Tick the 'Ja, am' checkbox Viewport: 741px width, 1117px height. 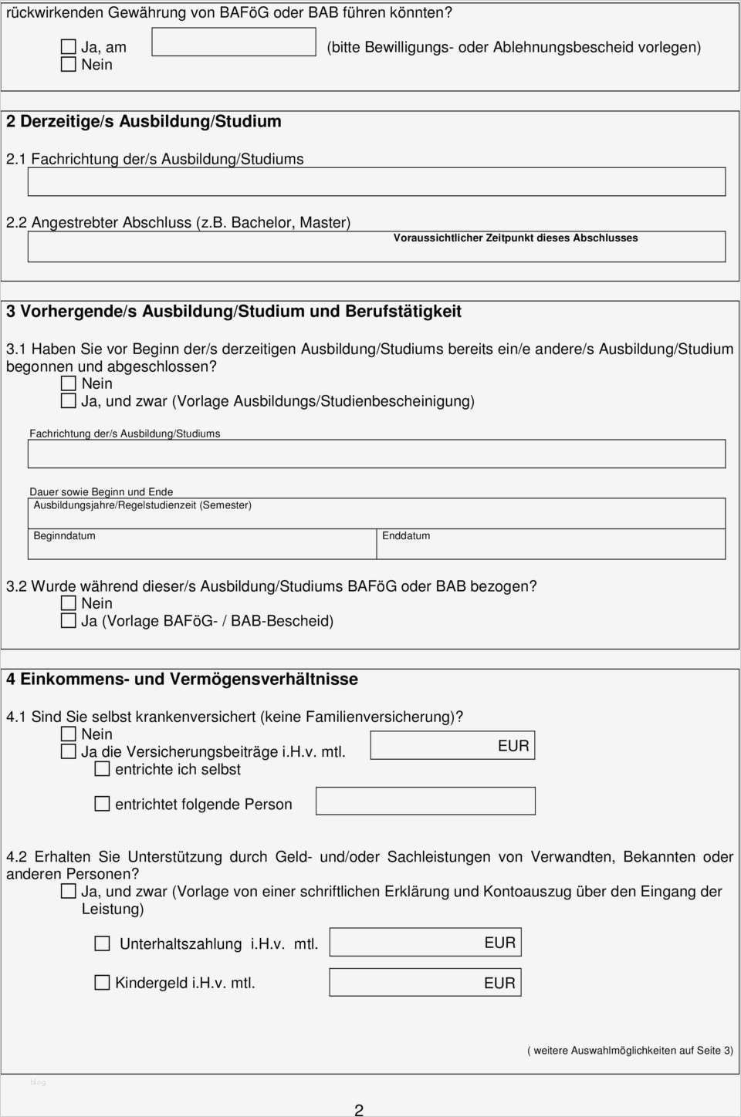pyautogui.click(x=69, y=47)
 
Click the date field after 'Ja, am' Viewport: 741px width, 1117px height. pyautogui.click(x=233, y=42)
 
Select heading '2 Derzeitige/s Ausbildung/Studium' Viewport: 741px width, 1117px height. pyautogui.click(x=144, y=121)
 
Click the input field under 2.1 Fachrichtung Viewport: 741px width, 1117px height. pyautogui.click(x=376, y=182)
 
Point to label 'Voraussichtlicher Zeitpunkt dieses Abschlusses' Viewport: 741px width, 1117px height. pyautogui.click(x=515, y=238)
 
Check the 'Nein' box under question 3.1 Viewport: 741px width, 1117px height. pyautogui.click(x=69, y=383)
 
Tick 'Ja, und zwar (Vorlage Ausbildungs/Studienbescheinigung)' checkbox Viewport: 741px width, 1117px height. pyautogui.click(x=69, y=401)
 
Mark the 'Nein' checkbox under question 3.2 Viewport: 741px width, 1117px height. pyautogui.click(x=69, y=603)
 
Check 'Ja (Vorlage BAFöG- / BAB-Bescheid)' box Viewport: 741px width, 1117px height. pyautogui.click(x=69, y=621)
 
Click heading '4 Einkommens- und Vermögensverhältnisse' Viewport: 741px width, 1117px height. pyautogui.click(x=182, y=679)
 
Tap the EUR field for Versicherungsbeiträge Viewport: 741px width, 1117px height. pyautogui.click(x=452, y=745)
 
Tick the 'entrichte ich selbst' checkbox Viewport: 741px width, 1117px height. pyautogui.click(x=102, y=769)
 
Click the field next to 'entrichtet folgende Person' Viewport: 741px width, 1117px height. pyautogui.click(x=425, y=801)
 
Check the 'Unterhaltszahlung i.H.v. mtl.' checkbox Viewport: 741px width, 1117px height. pyautogui.click(x=102, y=943)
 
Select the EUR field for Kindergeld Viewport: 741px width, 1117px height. pyautogui.click(x=425, y=983)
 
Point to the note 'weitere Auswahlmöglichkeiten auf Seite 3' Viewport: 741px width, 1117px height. pyautogui.click(x=630, y=1051)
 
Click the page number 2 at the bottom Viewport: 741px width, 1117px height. pyautogui.click(x=359, y=1110)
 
